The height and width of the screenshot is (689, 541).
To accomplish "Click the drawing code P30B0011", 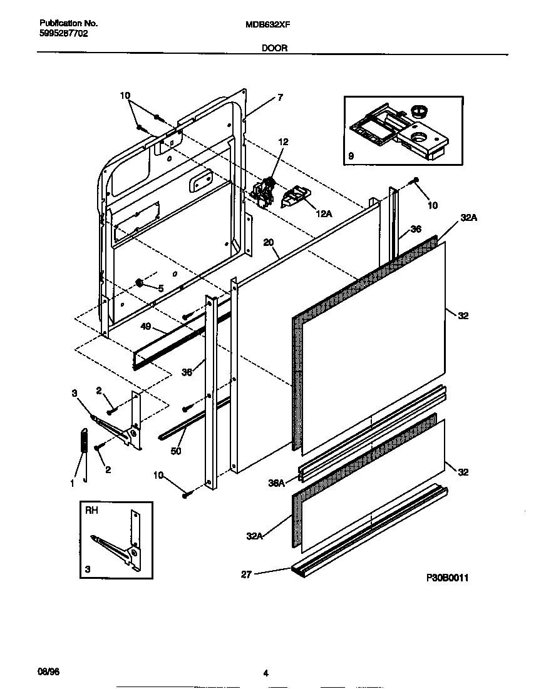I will [447, 578].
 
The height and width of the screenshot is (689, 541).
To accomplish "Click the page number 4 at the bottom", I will [265, 673].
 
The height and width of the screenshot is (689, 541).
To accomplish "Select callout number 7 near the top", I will [280, 97].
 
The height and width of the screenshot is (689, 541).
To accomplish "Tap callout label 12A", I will [323, 213].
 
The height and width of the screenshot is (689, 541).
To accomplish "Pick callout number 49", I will [145, 326].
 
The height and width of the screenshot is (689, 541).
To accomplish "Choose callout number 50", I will [176, 450].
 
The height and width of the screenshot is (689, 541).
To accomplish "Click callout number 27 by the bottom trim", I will [246, 574].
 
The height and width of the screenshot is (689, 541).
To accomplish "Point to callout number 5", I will [161, 288].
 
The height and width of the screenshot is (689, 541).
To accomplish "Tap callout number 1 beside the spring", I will [72, 482].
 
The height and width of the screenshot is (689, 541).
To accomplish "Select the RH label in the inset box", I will [91, 511].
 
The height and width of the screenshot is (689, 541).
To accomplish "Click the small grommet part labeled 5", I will [140, 283].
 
